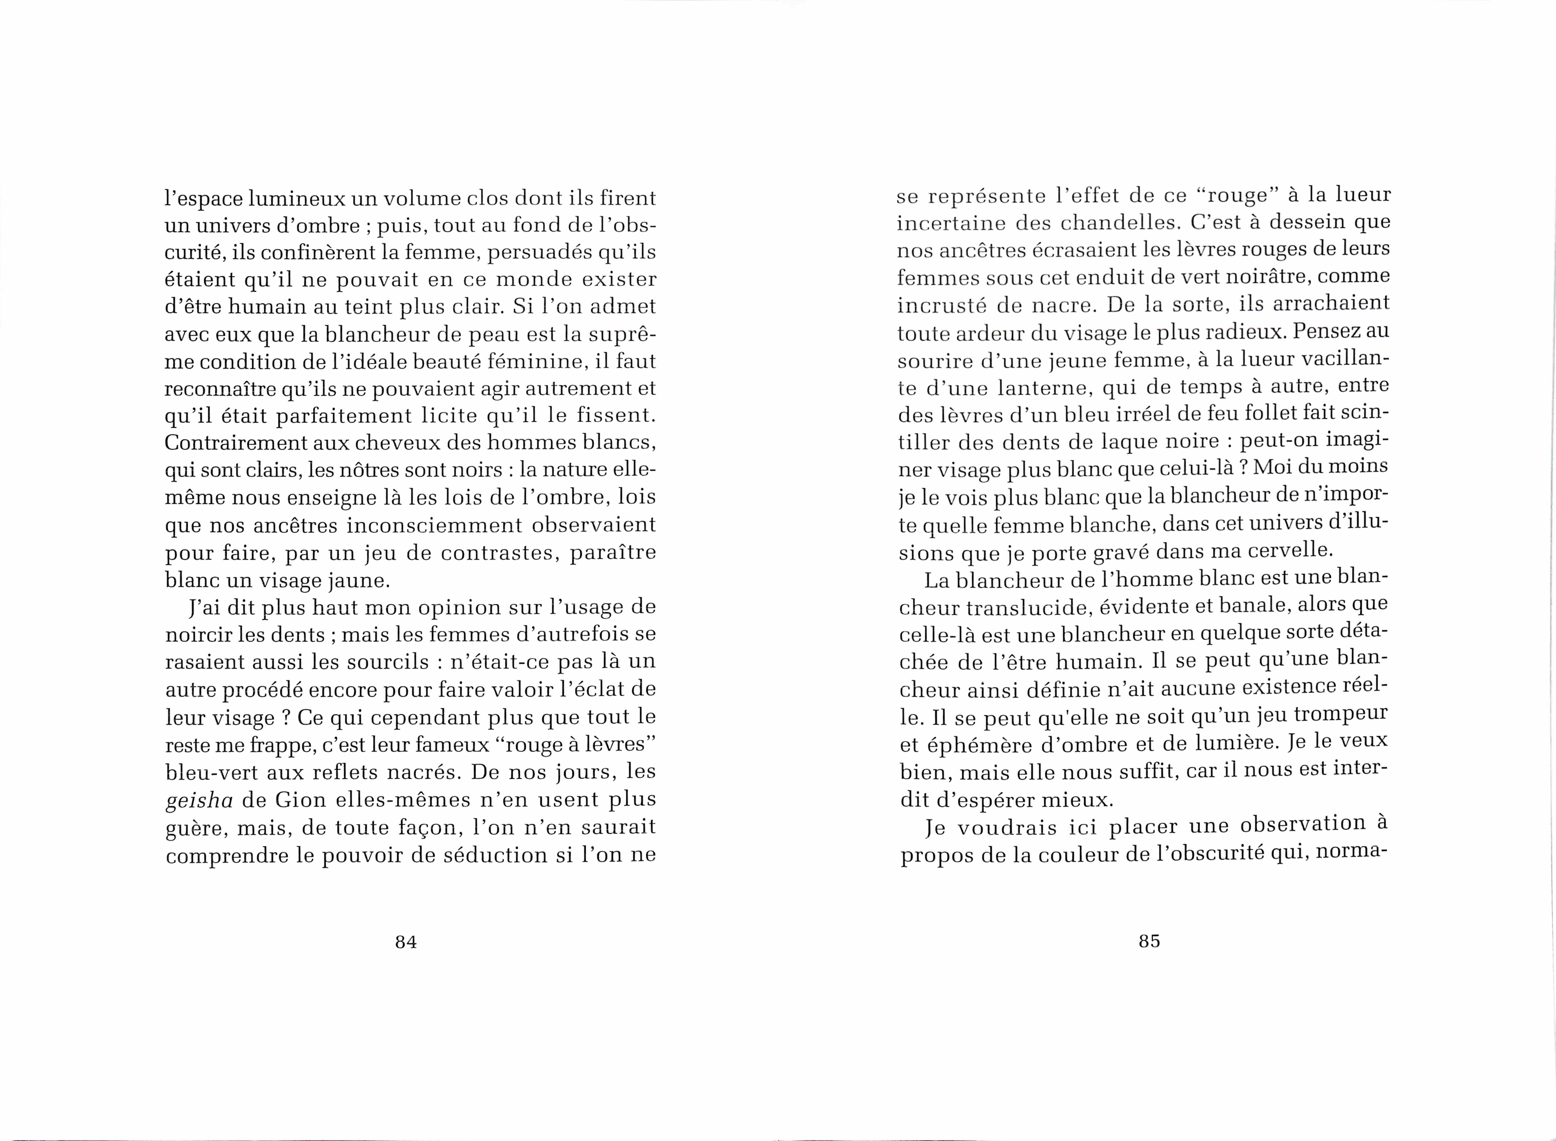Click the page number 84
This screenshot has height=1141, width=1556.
point(406,942)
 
